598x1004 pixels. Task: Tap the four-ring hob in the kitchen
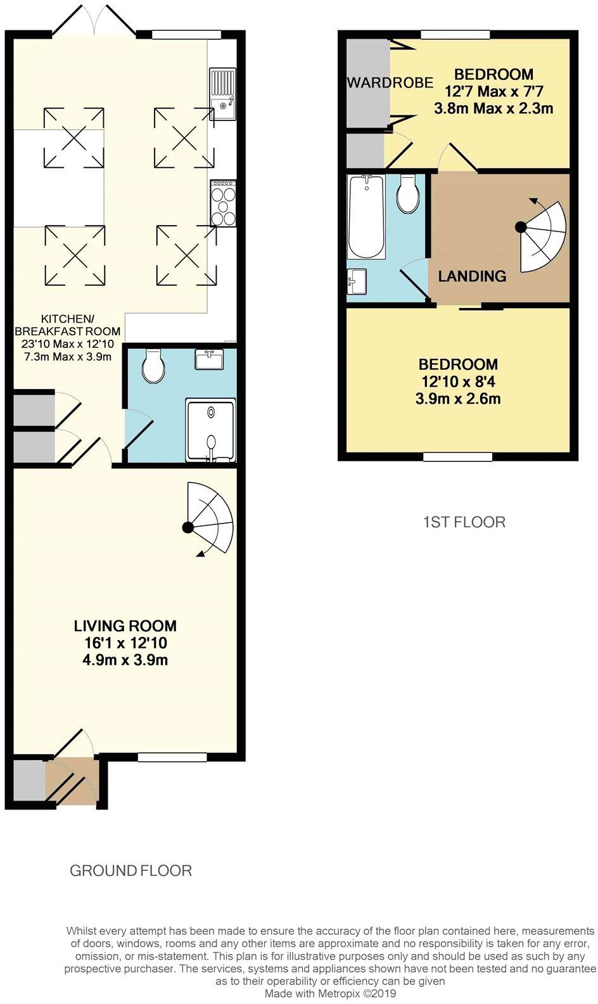(223, 203)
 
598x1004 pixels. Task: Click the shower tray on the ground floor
(210, 430)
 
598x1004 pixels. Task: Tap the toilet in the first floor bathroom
(407, 194)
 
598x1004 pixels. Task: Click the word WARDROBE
(390, 82)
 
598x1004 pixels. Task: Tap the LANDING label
(472, 276)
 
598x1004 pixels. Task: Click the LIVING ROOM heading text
(125, 626)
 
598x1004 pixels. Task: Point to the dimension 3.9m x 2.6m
(457, 399)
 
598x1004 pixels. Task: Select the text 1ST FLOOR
(464, 522)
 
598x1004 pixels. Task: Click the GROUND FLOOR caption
(130, 871)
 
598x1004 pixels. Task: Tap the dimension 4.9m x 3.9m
(125, 660)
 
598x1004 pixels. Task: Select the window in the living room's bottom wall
(172, 757)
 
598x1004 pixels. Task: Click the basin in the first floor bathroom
(357, 280)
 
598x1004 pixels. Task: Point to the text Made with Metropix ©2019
(330, 994)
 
